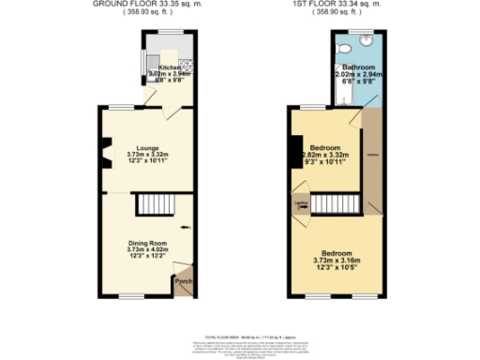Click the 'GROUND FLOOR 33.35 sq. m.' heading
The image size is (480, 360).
(149, 5)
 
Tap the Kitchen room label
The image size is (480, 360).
(170, 67)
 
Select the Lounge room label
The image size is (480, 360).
(146, 148)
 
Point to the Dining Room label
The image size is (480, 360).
(147, 244)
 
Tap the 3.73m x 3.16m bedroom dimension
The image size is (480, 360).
(337, 262)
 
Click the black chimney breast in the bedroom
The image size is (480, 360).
(294, 150)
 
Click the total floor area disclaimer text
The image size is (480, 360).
(240, 339)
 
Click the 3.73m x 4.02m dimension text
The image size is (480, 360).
(147, 250)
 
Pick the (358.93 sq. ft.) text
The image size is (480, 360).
(149, 14)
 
